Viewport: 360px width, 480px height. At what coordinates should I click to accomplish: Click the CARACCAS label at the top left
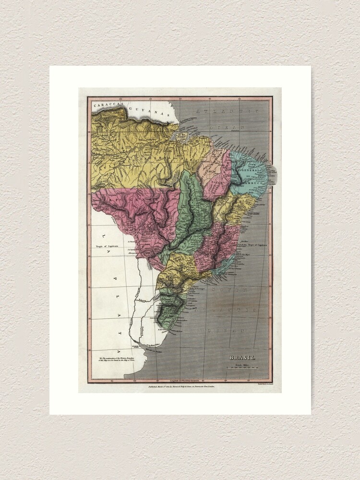point(108,105)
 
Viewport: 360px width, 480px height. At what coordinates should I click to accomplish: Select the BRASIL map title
point(242,358)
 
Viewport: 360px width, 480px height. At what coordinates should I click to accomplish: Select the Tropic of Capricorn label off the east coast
point(257,244)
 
